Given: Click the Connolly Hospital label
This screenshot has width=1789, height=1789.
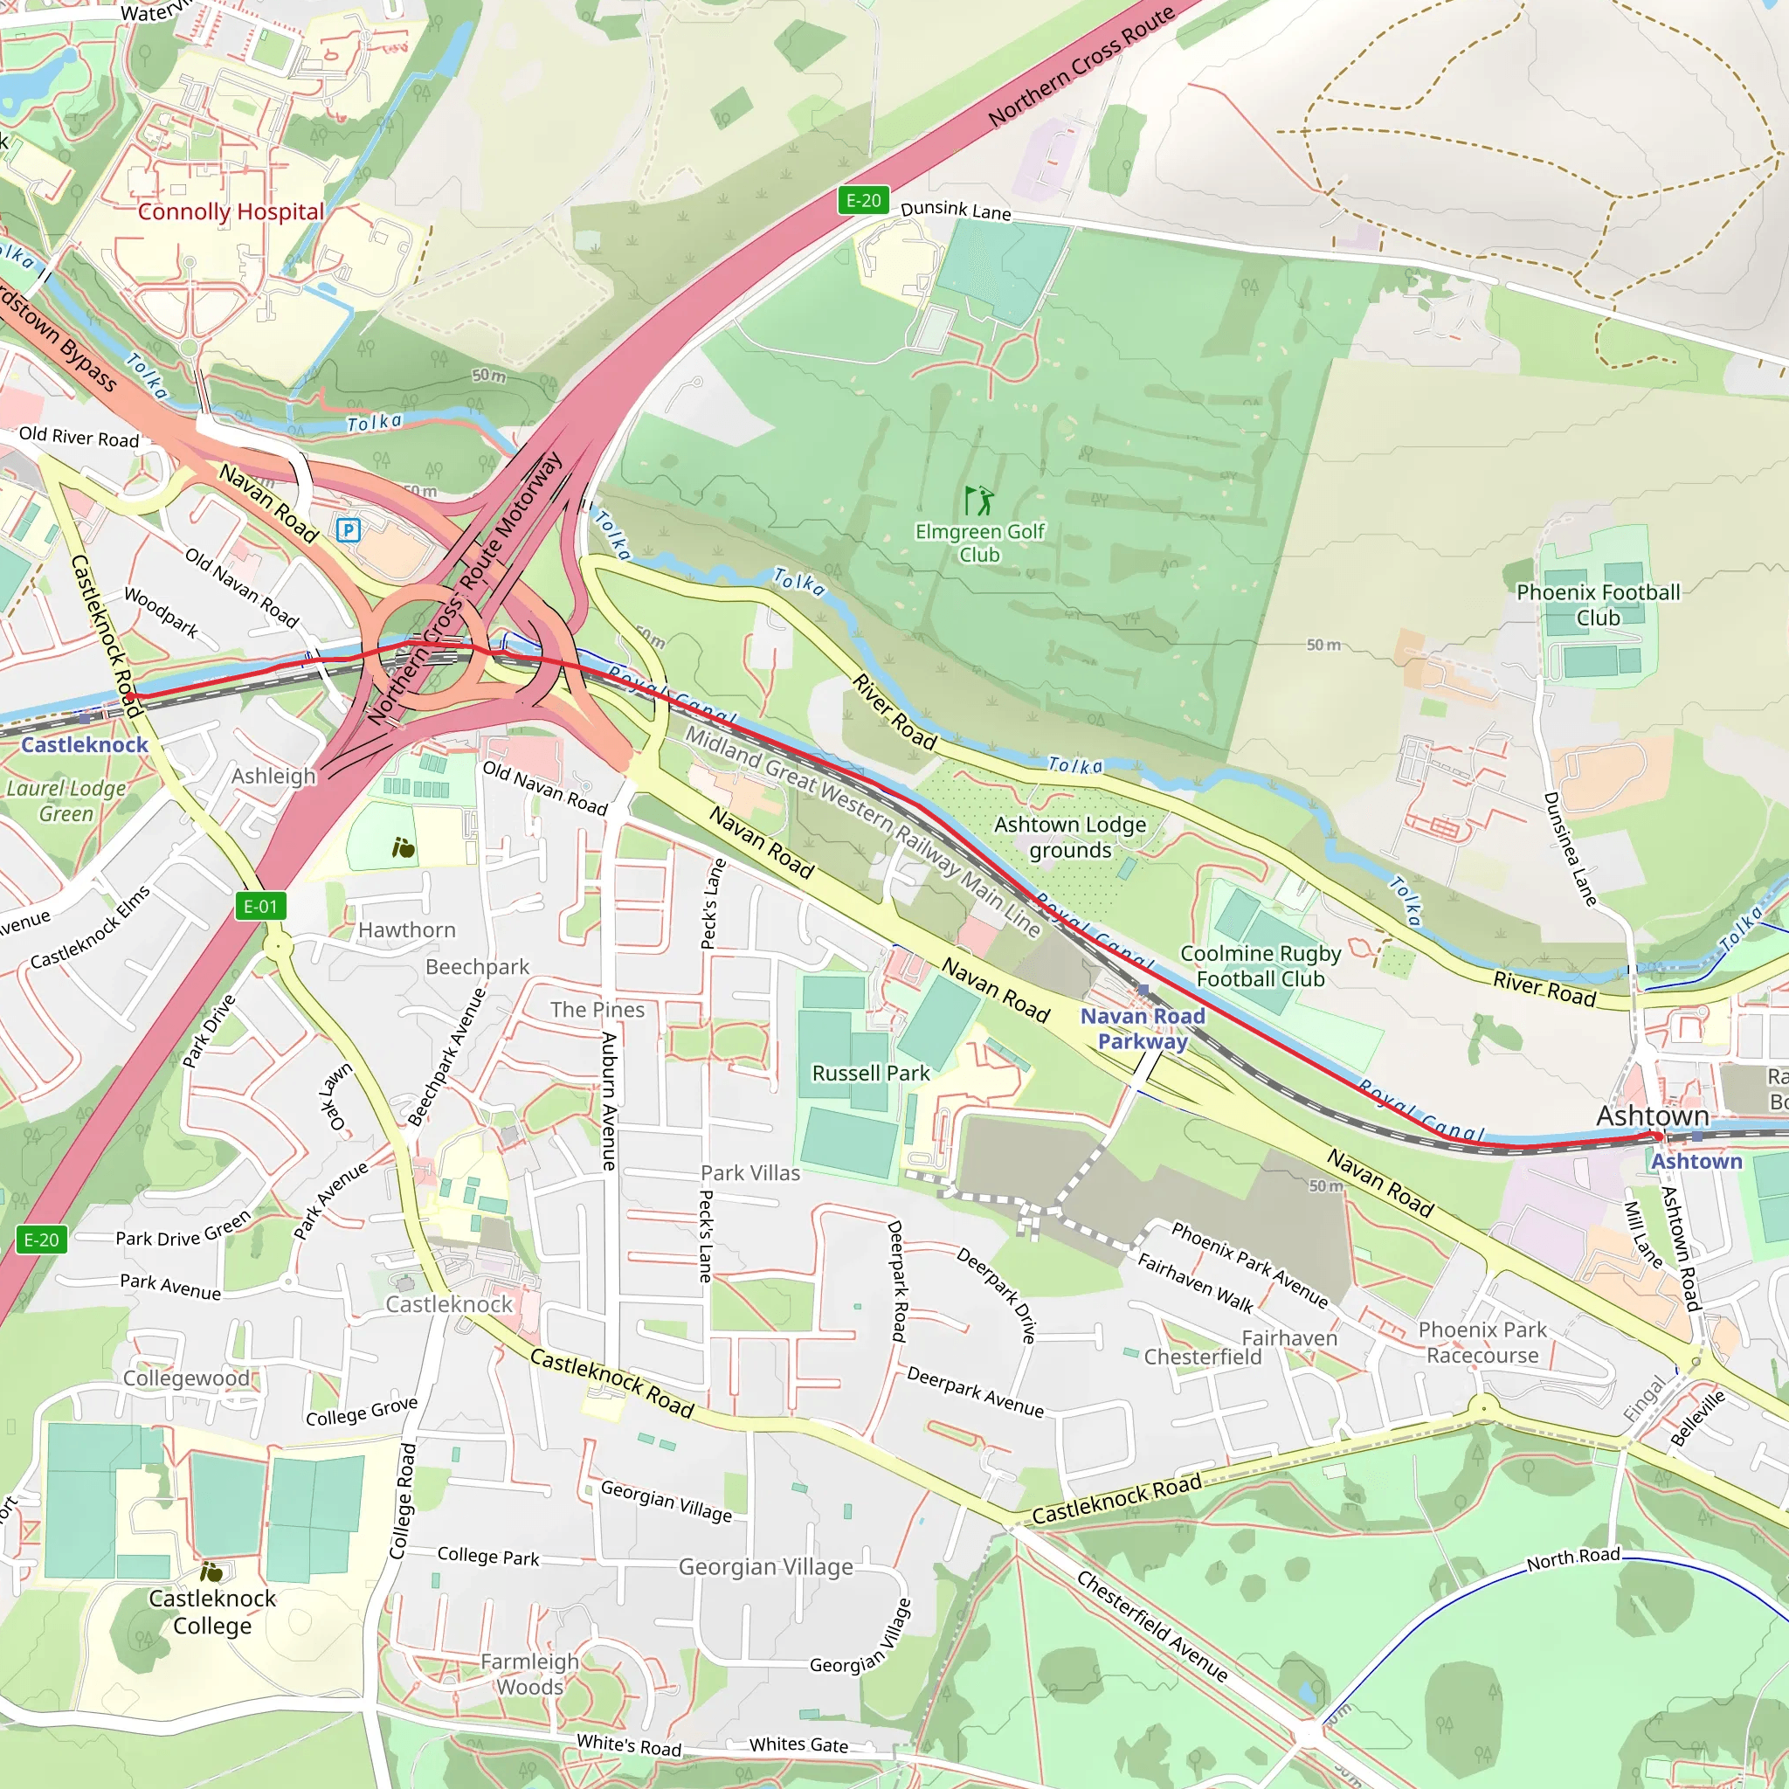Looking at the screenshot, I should click(x=231, y=212).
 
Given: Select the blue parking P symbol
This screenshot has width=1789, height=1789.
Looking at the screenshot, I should click(x=349, y=529).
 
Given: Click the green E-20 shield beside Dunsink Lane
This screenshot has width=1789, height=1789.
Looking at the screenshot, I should click(x=863, y=200).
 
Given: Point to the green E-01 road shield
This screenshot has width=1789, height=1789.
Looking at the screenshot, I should click(x=260, y=907).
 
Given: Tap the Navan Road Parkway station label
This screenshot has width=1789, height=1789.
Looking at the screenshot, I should click(x=1143, y=1029).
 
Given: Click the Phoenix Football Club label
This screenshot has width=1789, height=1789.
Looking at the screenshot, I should click(x=1598, y=604).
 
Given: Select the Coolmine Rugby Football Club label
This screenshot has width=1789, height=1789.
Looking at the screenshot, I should click(x=1261, y=966).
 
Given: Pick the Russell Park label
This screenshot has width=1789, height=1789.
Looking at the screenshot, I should click(x=870, y=1074).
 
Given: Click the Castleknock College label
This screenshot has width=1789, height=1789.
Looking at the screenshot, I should click(x=212, y=1613).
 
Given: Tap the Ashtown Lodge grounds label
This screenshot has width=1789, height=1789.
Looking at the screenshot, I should click(x=1069, y=837).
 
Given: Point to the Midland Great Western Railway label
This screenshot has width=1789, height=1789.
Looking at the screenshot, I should click(x=862, y=830).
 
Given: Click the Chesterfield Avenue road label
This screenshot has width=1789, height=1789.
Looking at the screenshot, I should click(x=1152, y=1626).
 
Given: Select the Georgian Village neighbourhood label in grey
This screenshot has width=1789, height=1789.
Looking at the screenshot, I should click(x=766, y=1567).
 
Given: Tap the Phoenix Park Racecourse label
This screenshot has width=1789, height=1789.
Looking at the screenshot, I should click(x=1482, y=1343).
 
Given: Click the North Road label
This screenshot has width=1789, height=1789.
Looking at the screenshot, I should click(x=1572, y=1558).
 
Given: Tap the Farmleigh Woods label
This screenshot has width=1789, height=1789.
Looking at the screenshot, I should click(x=529, y=1675).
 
